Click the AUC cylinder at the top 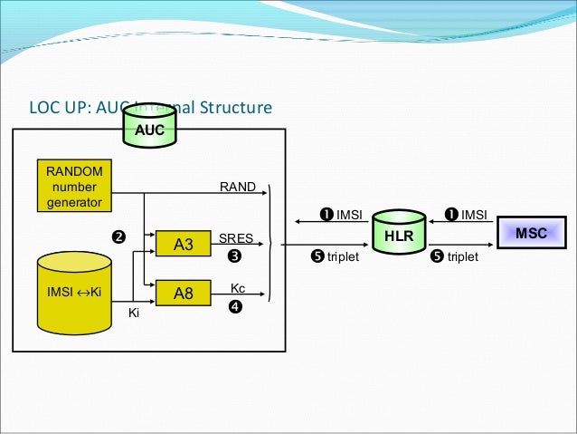coord(149,128)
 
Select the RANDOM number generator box coord(70,186)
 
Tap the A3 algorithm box coord(184,243)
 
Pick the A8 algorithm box coord(184,292)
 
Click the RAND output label coord(238,188)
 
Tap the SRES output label coord(236,237)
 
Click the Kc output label coord(238,287)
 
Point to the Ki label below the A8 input coord(133,313)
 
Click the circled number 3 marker coord(234,256)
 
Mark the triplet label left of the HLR coord(335,256)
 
